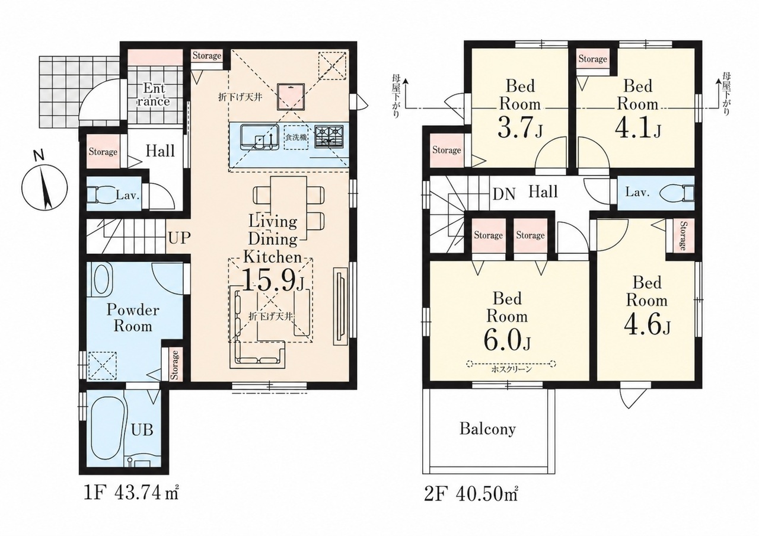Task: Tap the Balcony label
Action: click(487, 429)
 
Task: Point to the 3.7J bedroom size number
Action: click(520, 127)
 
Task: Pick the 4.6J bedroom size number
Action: click(647, 325)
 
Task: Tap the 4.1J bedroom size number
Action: click(637, 127)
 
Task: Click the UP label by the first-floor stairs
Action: click(179, 238)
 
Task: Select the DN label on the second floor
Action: click(504, 194)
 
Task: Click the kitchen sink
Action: click(260, 137)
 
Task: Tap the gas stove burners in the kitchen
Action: click(329, 136)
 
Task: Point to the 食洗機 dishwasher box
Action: click(296, 138)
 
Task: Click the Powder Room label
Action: click(133, 318)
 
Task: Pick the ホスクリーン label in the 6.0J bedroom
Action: click(512, 369)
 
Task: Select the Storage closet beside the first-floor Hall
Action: click(103, 151)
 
